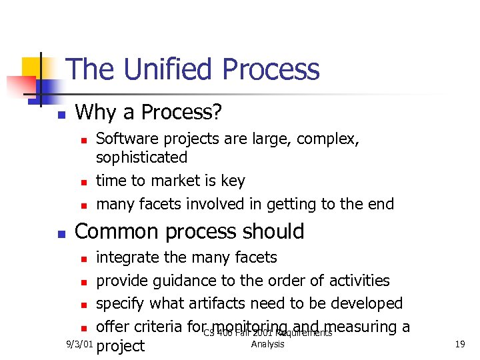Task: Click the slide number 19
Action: coord(460,344)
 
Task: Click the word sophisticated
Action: coord(141,157)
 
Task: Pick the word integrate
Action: coord(129,258)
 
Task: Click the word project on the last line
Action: coord(121,346)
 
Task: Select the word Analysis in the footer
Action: coord(268,344)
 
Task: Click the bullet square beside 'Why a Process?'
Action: coord(61,115)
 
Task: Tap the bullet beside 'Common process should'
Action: coord(61,233)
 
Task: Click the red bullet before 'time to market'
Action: coord(83,182)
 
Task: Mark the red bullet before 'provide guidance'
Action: coord(83,282)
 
